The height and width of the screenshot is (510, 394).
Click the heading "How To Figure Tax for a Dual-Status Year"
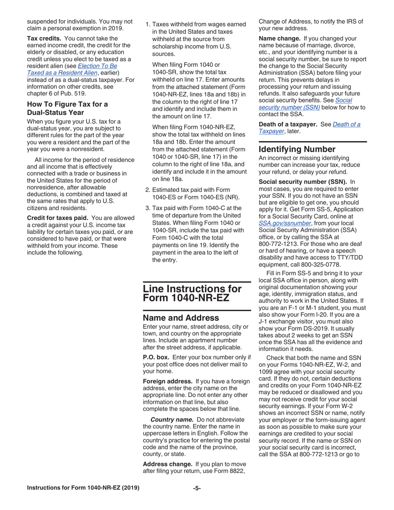coord(67,108)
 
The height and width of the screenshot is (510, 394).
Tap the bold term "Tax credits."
coord(44,39)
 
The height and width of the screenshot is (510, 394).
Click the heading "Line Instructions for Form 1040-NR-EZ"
coord(192,293)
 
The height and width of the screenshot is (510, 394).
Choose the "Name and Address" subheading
coord(181,318)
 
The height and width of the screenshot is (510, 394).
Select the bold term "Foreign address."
coord(167,381)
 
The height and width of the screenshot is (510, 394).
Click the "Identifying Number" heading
coord(297,149)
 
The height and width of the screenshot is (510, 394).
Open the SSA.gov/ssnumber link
coord(285,223)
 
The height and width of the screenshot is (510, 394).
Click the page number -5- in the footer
coord(197,488)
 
